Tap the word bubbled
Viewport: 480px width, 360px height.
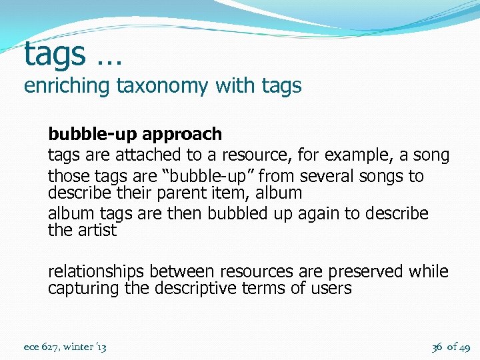point(237,214)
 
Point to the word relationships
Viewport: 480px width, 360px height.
point(96,272)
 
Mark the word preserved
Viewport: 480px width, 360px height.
point(367,272)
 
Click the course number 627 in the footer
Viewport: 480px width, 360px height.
point(49,347)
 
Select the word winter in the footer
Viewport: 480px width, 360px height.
point(79,347)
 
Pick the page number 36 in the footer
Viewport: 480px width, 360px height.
point(437,347)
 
